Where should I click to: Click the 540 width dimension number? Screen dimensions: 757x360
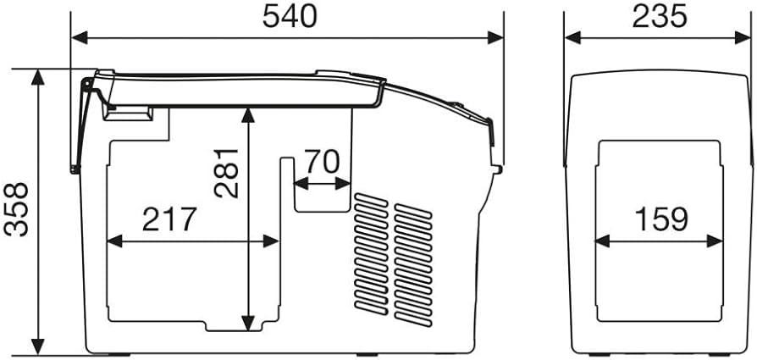[290, 16]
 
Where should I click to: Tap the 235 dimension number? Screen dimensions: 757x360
[660, 16]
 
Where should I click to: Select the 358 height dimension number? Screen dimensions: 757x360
[15, 209]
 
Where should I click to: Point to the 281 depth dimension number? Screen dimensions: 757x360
[226, 173]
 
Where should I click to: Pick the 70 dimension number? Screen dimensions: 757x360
[322, 162]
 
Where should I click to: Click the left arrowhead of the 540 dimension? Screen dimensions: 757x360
[80, 37]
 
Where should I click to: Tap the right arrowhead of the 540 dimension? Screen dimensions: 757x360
[495, 37]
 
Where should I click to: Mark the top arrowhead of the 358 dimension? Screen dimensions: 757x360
[37, 77]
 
